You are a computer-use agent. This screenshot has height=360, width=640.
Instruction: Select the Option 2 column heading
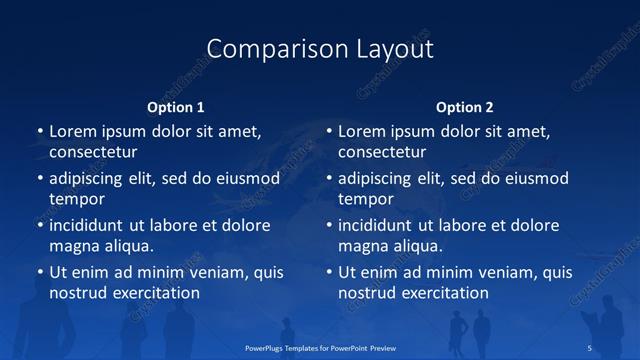click(x=464, y=107)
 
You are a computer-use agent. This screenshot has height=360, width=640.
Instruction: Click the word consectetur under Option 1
click(x=93, y=153)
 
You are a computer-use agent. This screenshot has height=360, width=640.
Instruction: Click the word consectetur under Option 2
click(x=382, y=153)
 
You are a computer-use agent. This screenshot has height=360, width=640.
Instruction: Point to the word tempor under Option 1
click(x=77, y=199)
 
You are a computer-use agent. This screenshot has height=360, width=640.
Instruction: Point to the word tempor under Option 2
click(x=366, y=199)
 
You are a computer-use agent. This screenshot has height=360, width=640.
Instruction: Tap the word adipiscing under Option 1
click(x=93, y=179)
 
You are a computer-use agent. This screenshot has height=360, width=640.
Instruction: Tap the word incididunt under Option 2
click(x=382, y=226)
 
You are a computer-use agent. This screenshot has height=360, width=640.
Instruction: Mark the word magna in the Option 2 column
click(x=362, y=246)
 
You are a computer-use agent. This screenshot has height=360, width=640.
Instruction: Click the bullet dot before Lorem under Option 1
click(x=40, y=132)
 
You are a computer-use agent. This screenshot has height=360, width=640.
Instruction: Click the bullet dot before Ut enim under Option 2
click(x=329, y=272)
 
